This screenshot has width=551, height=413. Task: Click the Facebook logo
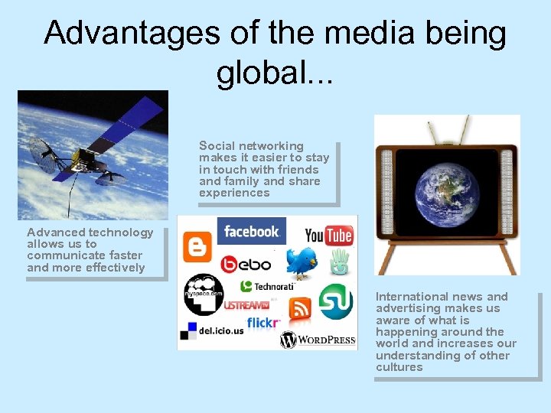point(251,231)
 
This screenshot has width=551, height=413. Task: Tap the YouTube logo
point(329,235)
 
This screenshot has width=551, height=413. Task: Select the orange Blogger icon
point(197,246)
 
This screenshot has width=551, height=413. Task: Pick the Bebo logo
point(246,265)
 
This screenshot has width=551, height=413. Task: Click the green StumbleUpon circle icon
point(335,301)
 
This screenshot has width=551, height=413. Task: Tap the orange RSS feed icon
point(300,308)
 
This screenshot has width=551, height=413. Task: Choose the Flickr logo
point(264,323)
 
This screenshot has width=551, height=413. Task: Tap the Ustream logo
point(246,305)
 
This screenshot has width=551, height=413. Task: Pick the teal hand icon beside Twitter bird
point(339,264)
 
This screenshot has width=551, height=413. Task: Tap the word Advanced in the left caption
point(56,233)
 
